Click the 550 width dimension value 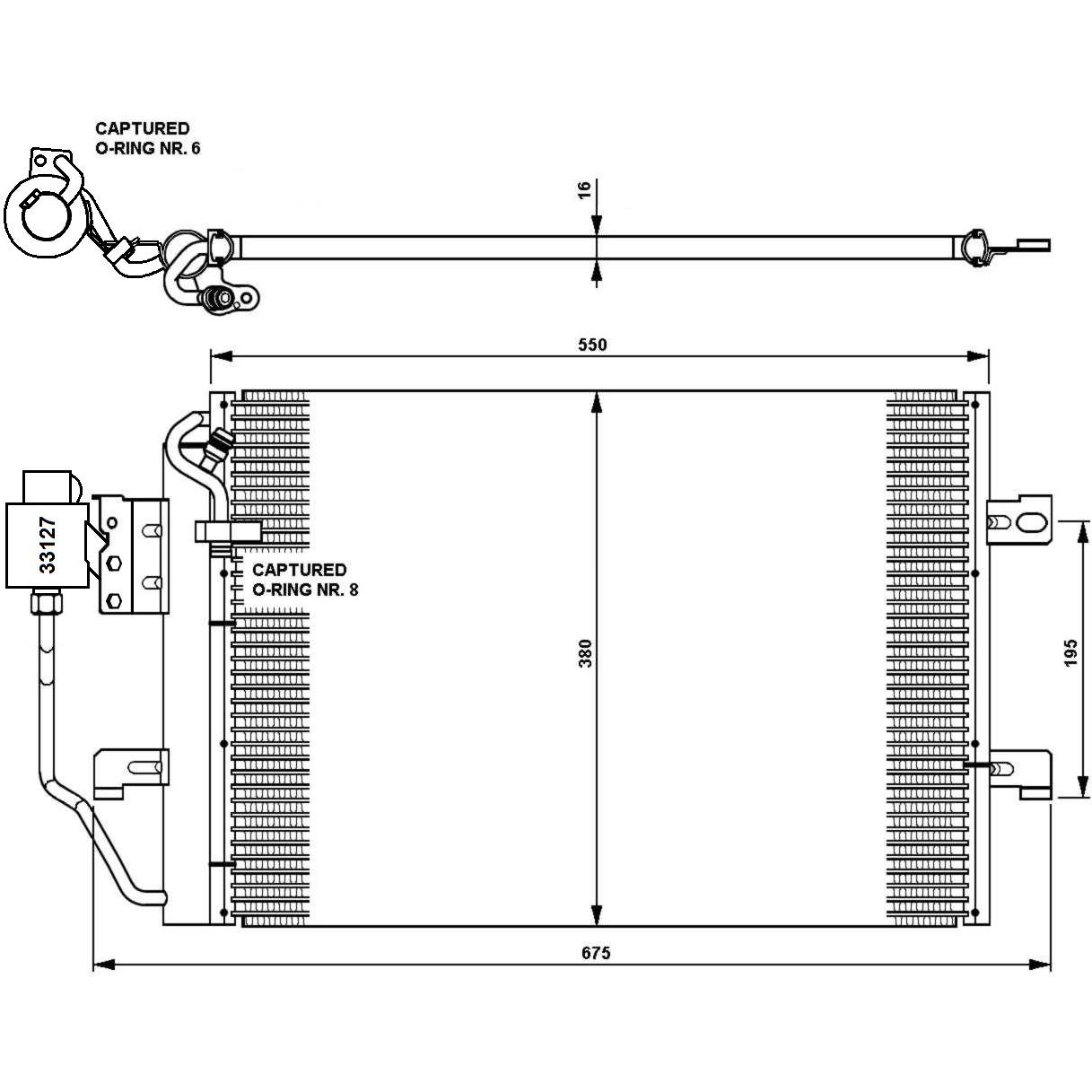(592, 345)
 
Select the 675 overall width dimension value (596, 953)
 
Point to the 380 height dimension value (585, 653)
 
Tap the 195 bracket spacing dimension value (1070, 652)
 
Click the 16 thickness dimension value (584, 188)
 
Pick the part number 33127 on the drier (48, 545)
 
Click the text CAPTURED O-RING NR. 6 (147, 138)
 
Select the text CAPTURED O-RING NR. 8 (305, 580)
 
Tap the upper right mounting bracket (1019, 520)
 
